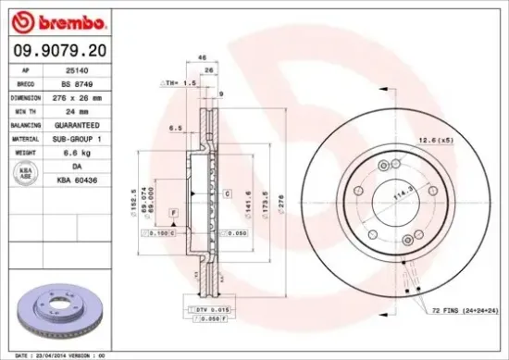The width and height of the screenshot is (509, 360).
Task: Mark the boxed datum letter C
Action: (x=226, y=192)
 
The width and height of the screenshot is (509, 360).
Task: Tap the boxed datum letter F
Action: (x=173, y=214)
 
